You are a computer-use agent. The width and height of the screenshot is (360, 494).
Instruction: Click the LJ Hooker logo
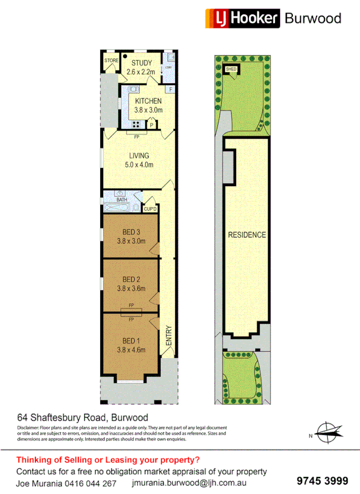(x=242, y=18)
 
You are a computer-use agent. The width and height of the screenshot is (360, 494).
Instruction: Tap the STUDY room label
(x=139, y=63)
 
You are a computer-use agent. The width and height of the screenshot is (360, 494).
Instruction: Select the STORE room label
(x=111, y=60)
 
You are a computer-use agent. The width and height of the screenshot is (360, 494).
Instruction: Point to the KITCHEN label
(x=148, y=102)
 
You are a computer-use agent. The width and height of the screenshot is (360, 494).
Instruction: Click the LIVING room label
(x=139, y=156)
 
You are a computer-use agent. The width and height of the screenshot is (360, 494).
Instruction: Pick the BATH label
(x=122, y=200)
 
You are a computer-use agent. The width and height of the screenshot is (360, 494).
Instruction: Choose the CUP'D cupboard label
(x=150, y=209)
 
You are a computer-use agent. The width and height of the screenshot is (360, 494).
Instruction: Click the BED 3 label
(x=131, y=232)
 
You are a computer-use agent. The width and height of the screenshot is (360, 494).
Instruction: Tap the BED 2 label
(x=131, y=279)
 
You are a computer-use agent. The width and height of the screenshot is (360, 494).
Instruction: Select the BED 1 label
(x=131, y=341)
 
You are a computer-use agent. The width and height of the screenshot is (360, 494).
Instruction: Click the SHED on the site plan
(x=231, y=69)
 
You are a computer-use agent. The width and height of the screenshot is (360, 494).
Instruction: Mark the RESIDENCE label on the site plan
(x=247, y=235)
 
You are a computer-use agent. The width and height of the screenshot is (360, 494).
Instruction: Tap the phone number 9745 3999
(x=322, y=480)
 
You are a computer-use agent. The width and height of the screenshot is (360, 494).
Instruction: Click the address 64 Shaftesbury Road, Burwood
(x=83, y=418)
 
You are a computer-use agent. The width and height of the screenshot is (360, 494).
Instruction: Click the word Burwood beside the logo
(x=313, y=18)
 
